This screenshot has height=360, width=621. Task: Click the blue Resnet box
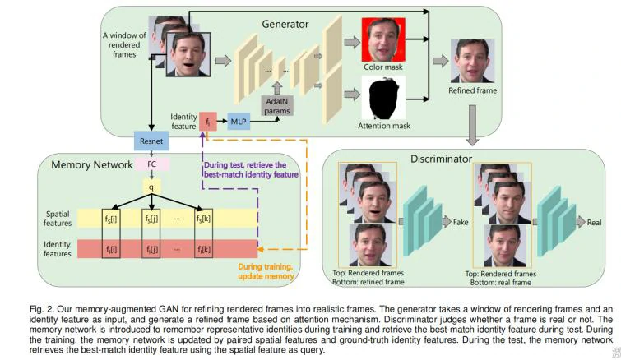click(152, 141)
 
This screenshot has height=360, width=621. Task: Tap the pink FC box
click(151, 164)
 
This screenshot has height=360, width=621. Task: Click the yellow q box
click(151, 186)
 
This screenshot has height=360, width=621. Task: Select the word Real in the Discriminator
click(593, 222)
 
